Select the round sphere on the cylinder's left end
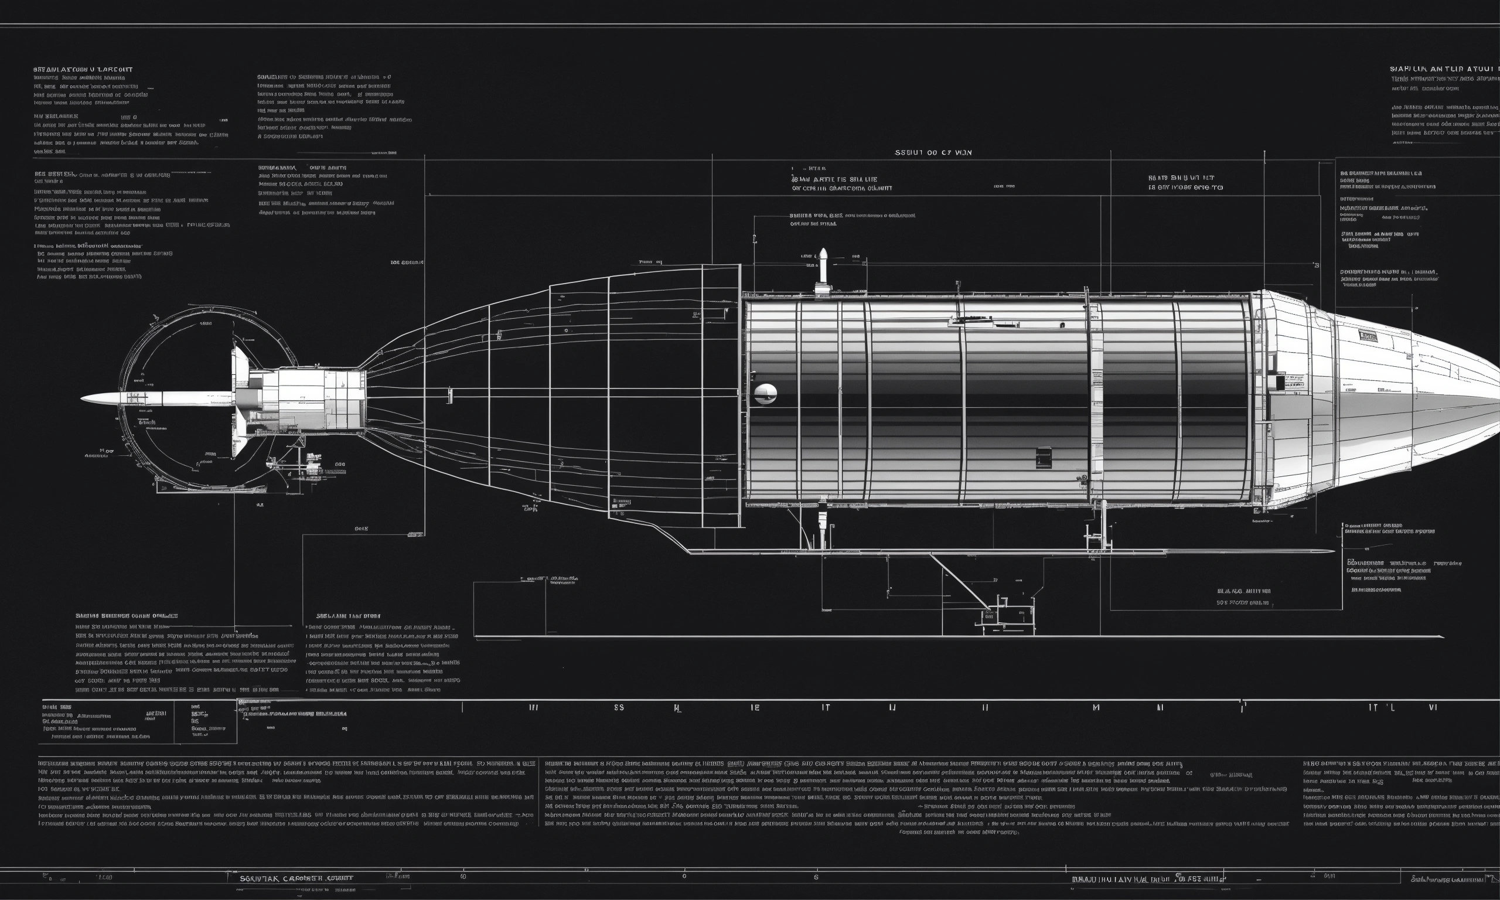pos(766,394)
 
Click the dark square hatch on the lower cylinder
pos(1044,457)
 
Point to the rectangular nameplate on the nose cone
pos(1367,335)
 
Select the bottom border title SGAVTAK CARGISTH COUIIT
pos(296,878)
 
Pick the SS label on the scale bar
pos(619,707)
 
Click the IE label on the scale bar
pos(755,707)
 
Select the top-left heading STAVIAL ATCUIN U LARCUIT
pos(83,70)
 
